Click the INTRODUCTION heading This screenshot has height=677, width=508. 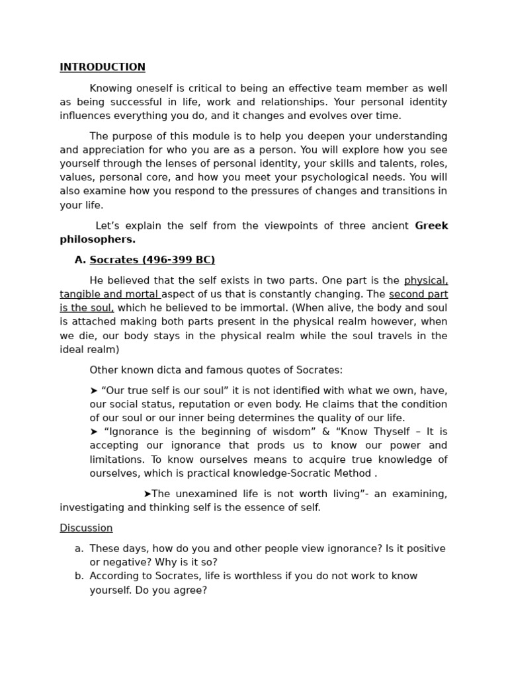(103, 67)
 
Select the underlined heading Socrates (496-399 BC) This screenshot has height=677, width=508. (152, 260)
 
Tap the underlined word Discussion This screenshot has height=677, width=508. (86, 528)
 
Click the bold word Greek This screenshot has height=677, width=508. (431, 226)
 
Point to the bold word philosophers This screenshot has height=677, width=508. (97, 239)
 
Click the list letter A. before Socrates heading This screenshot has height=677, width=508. (80, 260)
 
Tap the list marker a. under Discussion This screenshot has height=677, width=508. (79, 549)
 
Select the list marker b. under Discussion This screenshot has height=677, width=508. (79, 576)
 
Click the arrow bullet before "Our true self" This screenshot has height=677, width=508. (93, 391)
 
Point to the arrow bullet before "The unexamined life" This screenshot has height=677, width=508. (147, 494)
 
